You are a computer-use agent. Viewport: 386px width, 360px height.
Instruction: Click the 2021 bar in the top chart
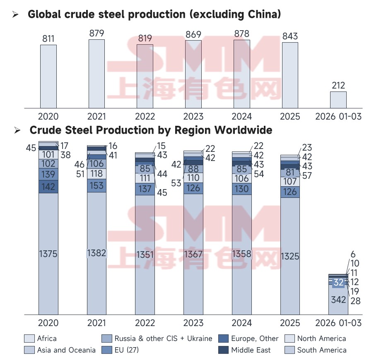click(96, 74)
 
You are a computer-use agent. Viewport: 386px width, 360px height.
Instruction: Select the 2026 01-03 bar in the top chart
click(338, 100)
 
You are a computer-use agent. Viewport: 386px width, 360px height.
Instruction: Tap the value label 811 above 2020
click(48, 39)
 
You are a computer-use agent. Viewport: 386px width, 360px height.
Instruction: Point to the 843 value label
click(290, 36)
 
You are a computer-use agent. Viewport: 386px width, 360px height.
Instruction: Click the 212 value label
click(338, 86)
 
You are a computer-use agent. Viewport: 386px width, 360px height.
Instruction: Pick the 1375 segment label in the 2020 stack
click(48, 254)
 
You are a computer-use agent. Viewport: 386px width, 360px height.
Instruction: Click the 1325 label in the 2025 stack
click(290, 256)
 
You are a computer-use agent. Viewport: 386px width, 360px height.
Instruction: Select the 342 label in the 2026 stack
click(338, 300)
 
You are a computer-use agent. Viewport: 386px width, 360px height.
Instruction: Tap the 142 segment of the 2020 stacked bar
click(48, 187)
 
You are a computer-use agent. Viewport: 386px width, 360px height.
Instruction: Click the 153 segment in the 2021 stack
click(96, 186)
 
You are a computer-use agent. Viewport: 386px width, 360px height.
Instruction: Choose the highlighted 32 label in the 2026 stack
click(338, 283)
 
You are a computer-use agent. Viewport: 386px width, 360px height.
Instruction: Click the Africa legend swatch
click(29, 338)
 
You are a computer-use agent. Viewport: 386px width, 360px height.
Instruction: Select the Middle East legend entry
click(251, 350)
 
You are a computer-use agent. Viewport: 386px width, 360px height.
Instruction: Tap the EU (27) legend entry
click(126, 350)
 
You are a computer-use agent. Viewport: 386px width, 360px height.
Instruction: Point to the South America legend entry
click(321, 350)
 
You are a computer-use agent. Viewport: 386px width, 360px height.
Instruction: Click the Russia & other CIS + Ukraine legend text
click(163, 338)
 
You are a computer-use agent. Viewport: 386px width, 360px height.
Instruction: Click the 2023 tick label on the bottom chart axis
click(193, 323)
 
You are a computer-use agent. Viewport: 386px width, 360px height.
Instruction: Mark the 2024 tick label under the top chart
click(241, 116)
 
